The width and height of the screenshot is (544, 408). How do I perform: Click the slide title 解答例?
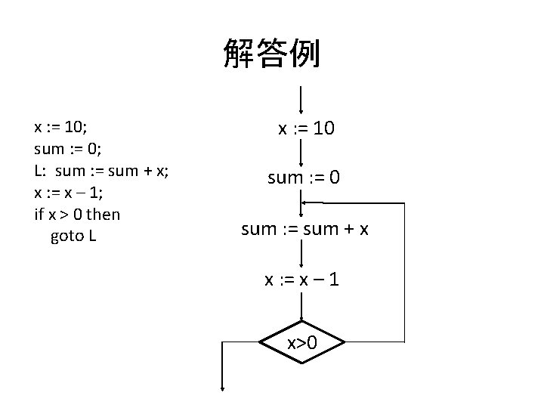coord(271,54)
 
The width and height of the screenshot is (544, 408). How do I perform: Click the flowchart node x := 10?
coord(306,129)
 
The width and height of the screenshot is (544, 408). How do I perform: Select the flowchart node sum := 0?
coord(304,178)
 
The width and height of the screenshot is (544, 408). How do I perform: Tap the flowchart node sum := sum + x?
coord(304,229)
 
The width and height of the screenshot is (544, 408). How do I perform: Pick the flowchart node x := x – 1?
coord(301,280)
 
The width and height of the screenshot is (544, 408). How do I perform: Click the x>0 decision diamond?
coord(301,343)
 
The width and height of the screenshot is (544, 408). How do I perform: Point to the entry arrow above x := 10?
coord(301,99)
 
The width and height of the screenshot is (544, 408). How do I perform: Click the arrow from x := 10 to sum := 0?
coord(301,153)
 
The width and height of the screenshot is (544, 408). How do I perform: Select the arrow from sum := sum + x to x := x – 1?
coord(301,254)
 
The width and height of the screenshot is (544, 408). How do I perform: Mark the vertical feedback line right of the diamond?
coord(405,272)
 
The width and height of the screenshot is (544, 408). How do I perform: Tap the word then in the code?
coord(103,214)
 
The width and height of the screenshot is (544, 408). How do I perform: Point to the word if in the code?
coord(39,214)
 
